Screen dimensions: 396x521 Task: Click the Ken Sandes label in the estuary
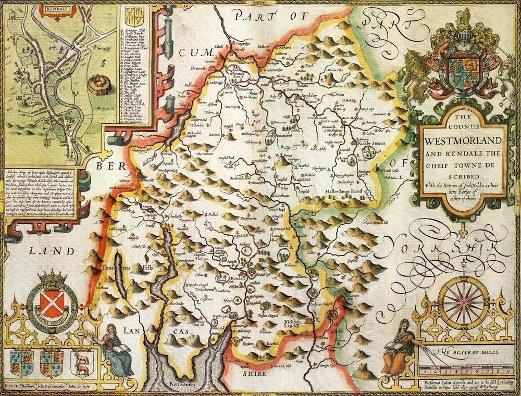183,385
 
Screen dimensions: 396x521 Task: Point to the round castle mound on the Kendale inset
95,84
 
